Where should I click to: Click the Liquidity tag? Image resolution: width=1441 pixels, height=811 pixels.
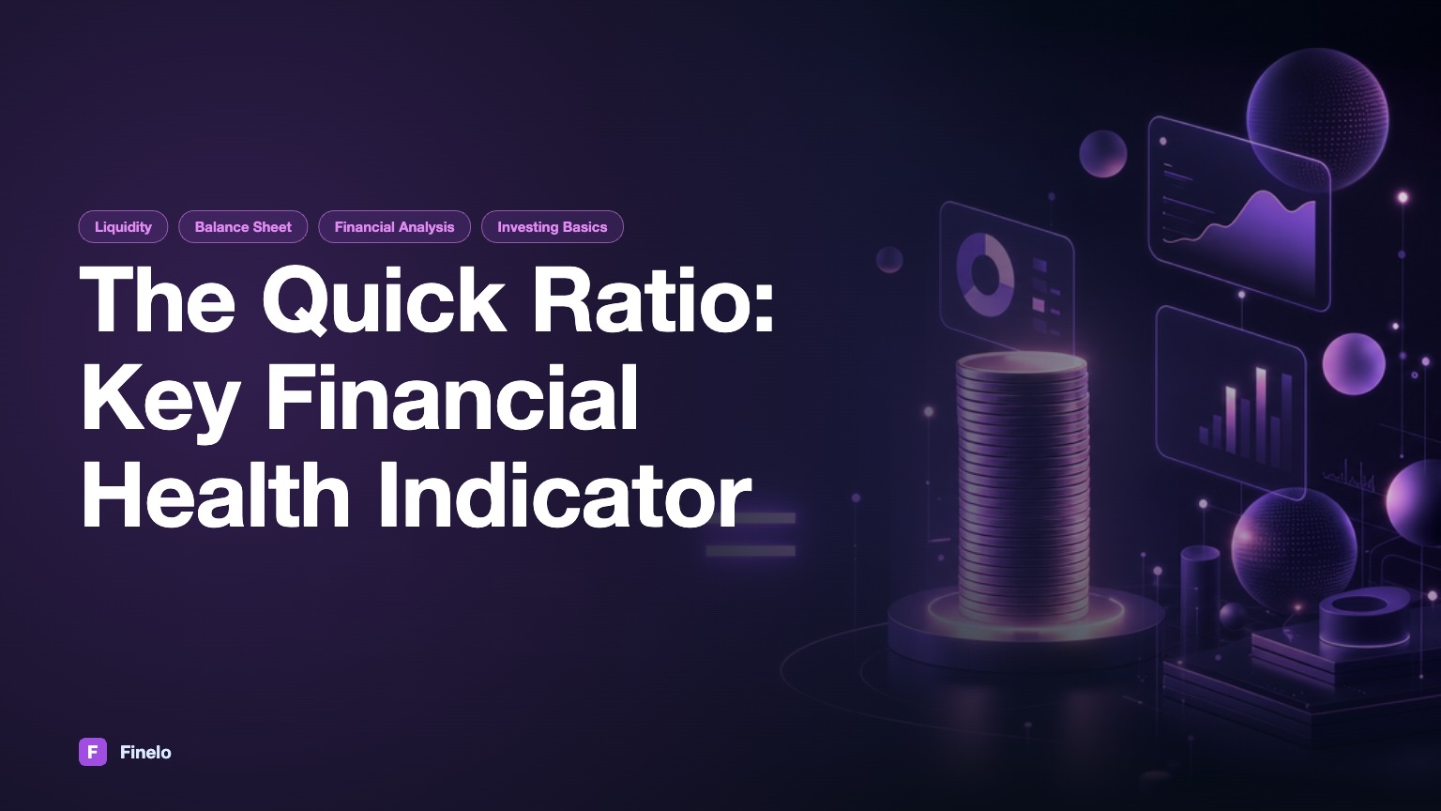[123, 226]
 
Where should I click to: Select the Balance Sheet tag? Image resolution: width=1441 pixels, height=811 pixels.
[243, 226]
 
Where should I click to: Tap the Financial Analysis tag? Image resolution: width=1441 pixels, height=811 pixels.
[394, 226]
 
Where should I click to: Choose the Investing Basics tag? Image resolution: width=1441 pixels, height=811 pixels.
[552, 226]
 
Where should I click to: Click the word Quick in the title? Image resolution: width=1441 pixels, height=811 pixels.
[384, 300]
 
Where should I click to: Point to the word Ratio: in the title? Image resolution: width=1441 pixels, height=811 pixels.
[654, 300]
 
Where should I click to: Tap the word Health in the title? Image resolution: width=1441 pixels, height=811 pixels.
[215, 495]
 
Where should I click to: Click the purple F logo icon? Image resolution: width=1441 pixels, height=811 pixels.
[93, 752]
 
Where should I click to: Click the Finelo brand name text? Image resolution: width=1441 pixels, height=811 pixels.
[145, 753]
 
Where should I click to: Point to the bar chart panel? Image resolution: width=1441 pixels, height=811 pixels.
[1231, 403]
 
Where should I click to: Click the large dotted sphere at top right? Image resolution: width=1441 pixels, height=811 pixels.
[1317, 120]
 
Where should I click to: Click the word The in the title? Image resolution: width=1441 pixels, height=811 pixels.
[158, 300]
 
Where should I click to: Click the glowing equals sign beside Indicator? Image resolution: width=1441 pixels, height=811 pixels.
[751, 534]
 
